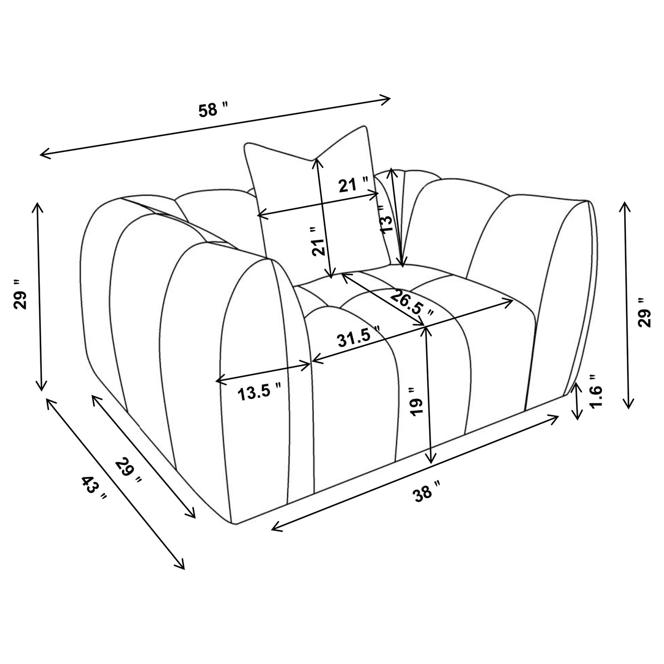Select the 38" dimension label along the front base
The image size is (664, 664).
(x=427, y=492)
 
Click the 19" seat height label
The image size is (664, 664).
(x=417, y=400)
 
